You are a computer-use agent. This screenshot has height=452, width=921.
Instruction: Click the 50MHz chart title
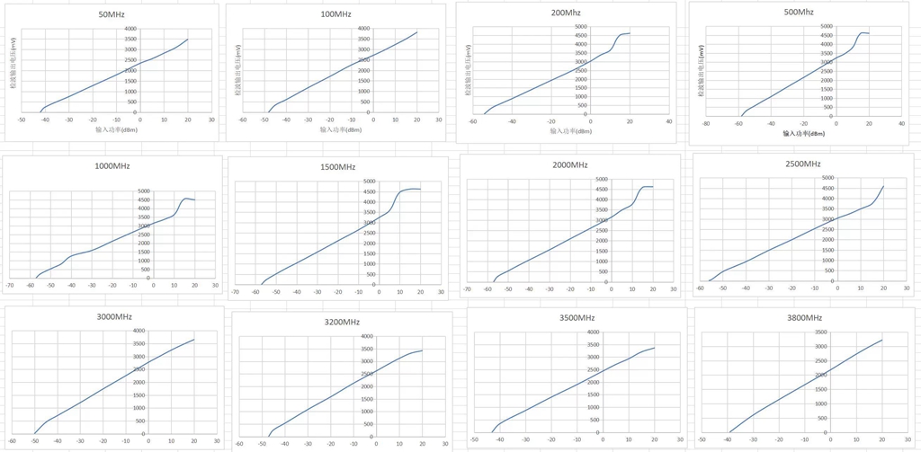(112, 15)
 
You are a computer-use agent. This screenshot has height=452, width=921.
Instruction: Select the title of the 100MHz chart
(336, 14)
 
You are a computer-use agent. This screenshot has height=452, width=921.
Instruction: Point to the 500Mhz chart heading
(799, 12)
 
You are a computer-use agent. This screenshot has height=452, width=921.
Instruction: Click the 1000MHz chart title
(113, 167)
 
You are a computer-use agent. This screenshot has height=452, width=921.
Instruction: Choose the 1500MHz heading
(338, 167)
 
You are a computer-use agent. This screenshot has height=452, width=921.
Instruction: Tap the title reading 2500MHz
(802, 164)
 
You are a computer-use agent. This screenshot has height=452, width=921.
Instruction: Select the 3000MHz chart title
(113, 317)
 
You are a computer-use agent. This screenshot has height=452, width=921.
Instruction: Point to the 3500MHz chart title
(575, 317)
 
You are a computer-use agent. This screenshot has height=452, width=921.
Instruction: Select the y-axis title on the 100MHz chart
(240, 72)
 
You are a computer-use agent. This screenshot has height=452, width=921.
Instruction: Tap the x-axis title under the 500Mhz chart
(803, 134)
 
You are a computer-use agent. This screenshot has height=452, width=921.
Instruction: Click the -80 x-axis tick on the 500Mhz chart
(707, 124)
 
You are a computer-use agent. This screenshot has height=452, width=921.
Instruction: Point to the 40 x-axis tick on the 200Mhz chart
(668, 121)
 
